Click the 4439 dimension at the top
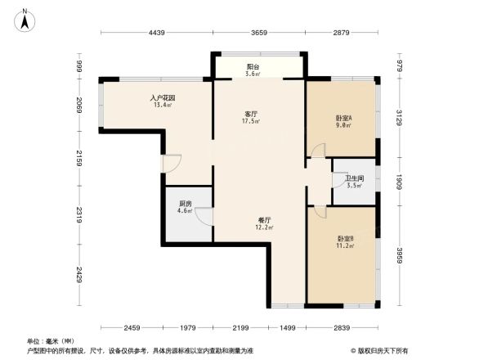pyautogui.click(x=158, y=33)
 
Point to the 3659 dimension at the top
pyautogui.click(x=259, y=33)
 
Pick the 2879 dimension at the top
pyautogui.click(x=341, y=33)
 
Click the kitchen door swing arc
pyautogui.click(x=203, y=214)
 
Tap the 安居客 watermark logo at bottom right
pyautogui.click(x=382, y=349)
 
